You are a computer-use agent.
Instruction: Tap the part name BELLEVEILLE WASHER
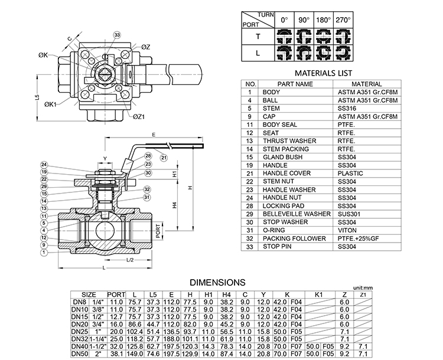(x=296, y=214)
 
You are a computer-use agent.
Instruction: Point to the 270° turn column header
(x=343, y=20)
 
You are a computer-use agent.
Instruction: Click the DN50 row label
(x=80, y=354)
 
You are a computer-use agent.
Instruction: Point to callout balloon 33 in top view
(x=118, y=35)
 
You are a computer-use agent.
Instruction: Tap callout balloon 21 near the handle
(x=164, y=158)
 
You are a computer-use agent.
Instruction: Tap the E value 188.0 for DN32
(x=172, y=339)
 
